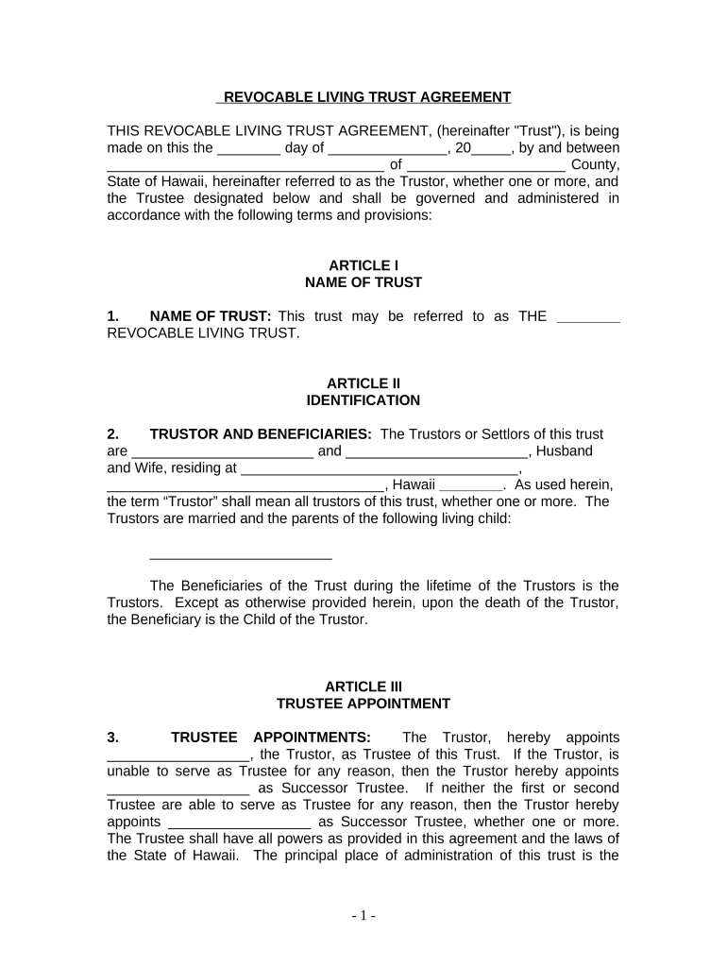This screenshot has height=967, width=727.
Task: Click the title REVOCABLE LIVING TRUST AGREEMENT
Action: (363, 97)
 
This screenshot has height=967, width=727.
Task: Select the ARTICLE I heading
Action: (363, 265)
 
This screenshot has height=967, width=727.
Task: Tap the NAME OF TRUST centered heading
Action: (363, 282)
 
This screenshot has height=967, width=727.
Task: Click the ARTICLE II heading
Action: (363, 383)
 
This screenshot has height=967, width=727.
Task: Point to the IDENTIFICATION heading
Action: (363, 400)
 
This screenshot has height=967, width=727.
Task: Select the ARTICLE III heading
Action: (363, 687)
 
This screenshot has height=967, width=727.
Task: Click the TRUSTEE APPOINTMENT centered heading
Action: (363, 704)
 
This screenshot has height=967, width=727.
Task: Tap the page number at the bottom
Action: (363, 916)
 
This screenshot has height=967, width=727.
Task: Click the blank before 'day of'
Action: (248, 150)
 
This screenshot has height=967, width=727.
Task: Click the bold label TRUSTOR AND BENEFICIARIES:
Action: (261, 434)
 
